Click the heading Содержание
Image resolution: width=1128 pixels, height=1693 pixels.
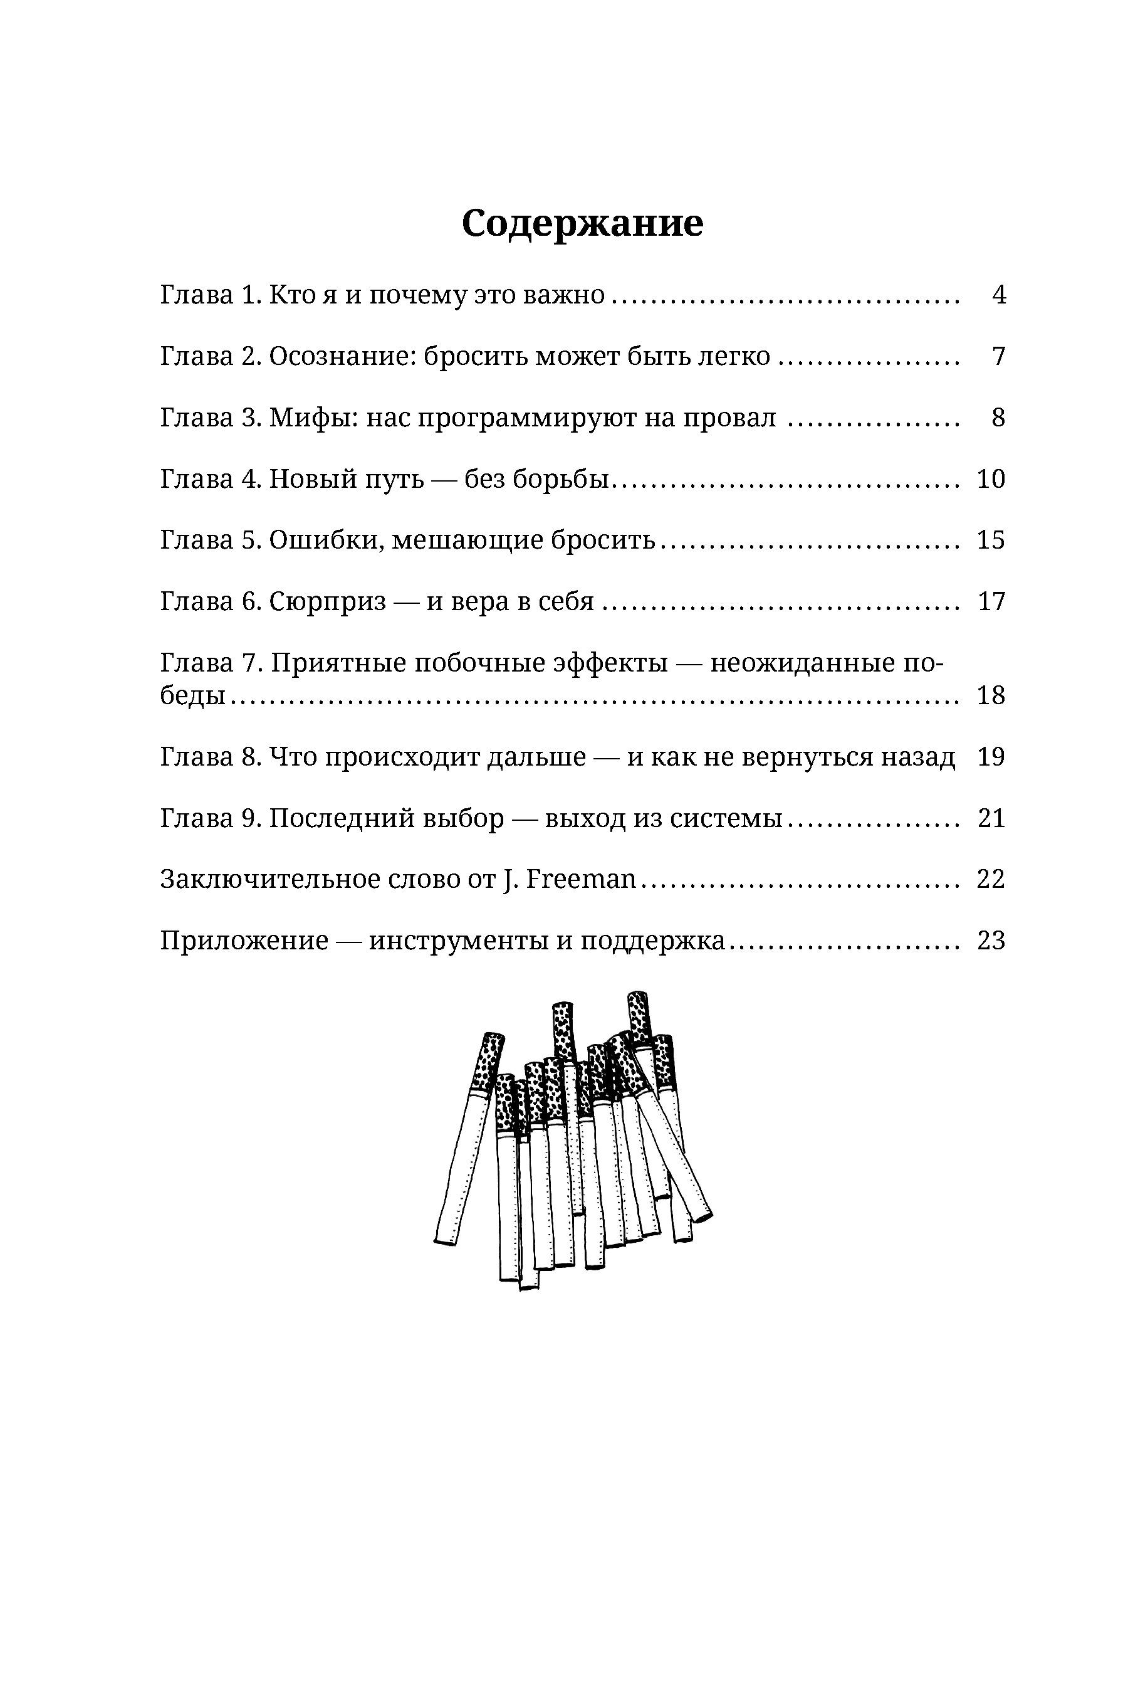(x=582, y=223)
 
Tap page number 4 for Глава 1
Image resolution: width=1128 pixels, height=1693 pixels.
(x=998, y=295)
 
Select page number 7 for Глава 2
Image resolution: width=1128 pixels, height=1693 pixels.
(x=998, y=356)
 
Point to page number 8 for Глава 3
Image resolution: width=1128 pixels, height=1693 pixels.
(x=998, y=418)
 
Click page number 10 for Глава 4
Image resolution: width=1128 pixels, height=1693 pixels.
(x=991, y=478)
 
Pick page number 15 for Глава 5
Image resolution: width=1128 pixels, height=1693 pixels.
(x=991, y=540)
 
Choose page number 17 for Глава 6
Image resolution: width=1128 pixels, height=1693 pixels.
(x=991, y=601)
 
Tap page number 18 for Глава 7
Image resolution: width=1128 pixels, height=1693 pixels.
(x=991, y=695)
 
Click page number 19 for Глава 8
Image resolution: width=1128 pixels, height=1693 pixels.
(x=991, y=757)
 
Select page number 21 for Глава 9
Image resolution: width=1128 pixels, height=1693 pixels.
(x=991, y=818)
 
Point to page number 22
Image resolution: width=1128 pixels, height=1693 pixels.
(x=991, y=880)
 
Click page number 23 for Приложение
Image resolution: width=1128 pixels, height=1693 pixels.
(x=991, y=941)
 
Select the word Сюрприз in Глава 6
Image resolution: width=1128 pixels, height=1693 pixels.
(x=327, y=602)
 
